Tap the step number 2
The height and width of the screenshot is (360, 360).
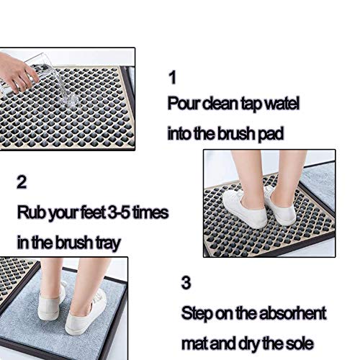click(22, 182)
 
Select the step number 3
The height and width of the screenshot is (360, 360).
click(186, 282)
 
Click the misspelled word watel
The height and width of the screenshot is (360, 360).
click(281, 104)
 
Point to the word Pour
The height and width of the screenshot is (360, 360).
click(184, 104)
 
